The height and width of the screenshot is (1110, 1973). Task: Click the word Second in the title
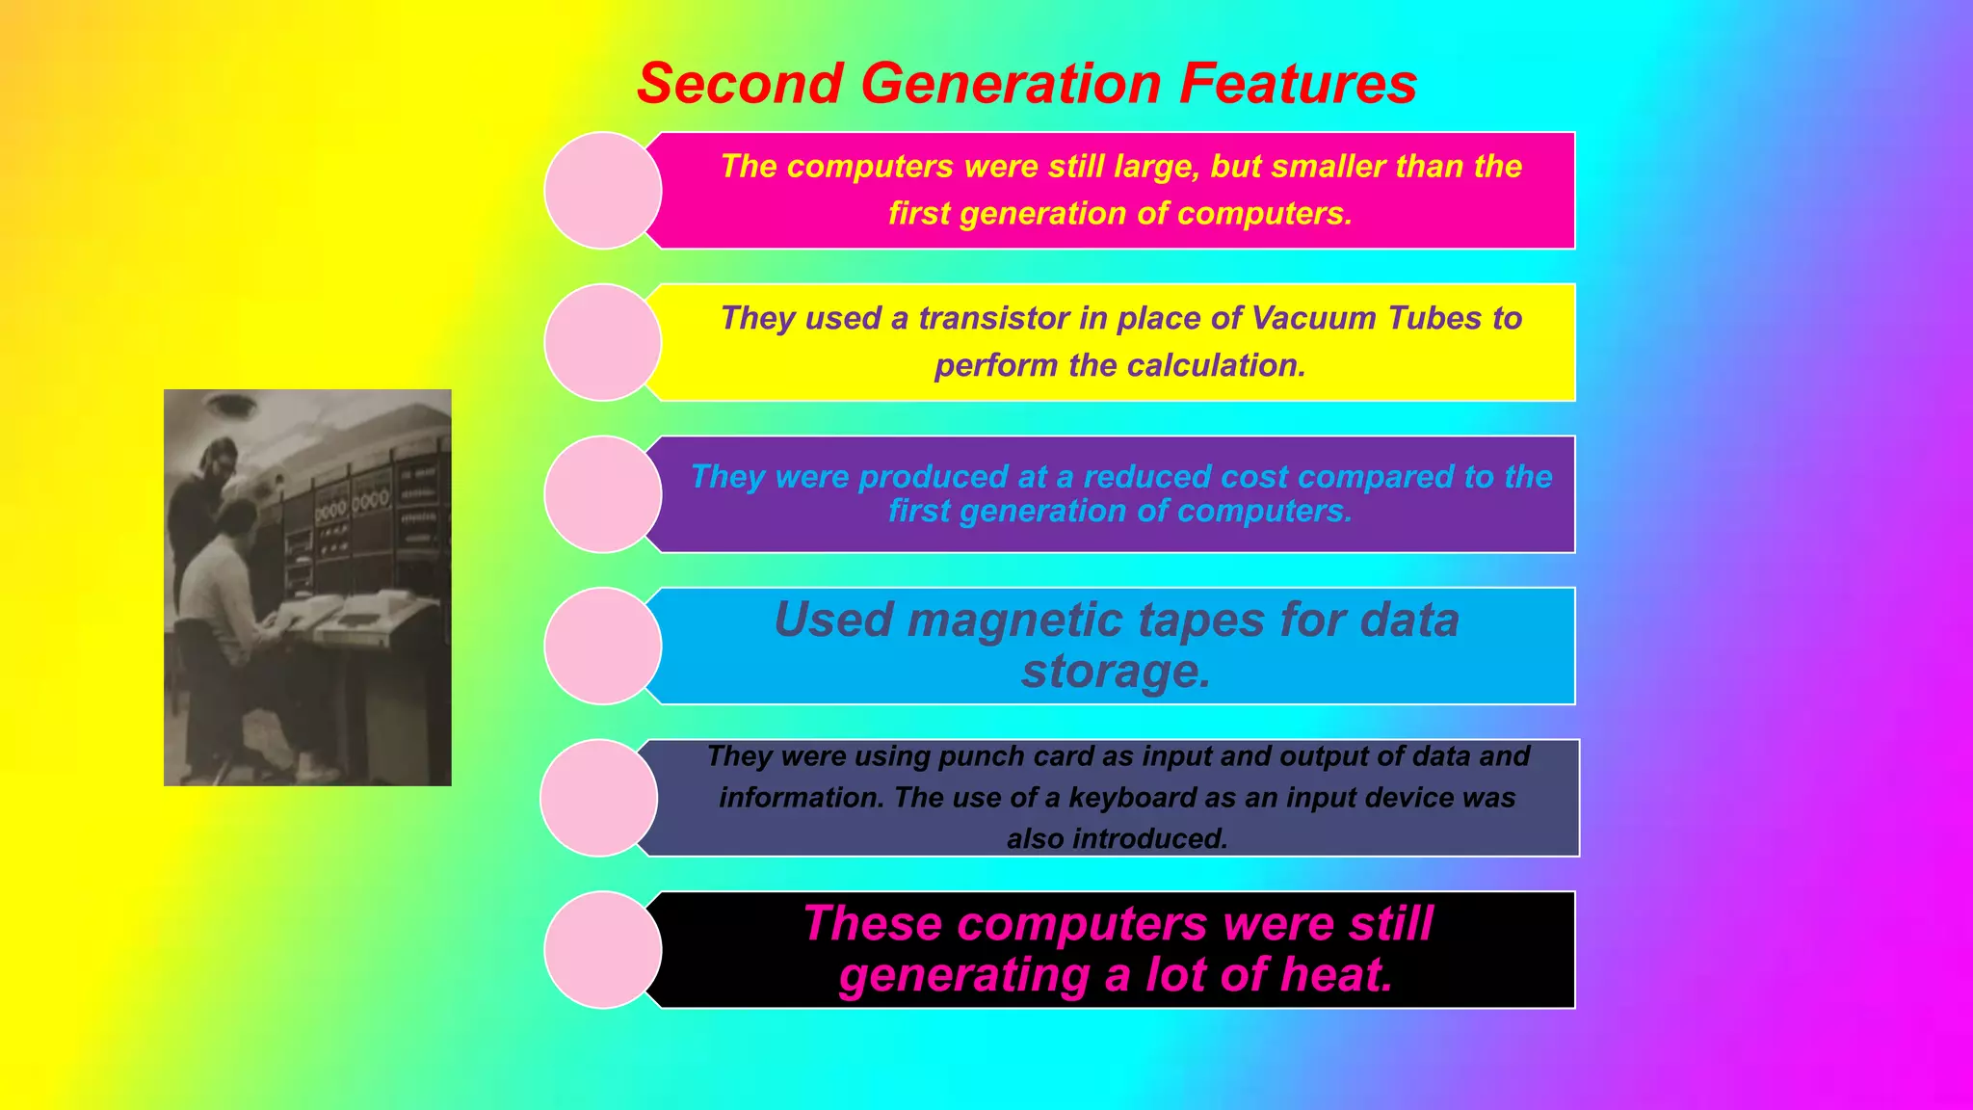coord(740,84)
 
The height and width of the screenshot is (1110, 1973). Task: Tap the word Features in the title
coord(1298,84)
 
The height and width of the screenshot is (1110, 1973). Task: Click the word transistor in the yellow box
coord(993,318)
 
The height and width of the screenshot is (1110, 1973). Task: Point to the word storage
coord(1116,672)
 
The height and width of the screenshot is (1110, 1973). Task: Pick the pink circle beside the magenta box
coord(602,191)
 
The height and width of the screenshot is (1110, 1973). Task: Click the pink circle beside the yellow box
coord(602,342)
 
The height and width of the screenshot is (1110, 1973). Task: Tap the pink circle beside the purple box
coord(602,494)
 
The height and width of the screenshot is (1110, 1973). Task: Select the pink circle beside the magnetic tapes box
coord(602,646)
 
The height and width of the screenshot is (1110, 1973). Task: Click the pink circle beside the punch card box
coord(598,798)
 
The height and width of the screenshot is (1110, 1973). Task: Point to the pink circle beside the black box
coord(602,950)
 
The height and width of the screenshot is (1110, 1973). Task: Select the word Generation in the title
coord(1010,84)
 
